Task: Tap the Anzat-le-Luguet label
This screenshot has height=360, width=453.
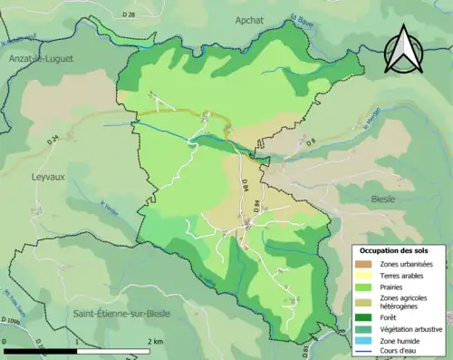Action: [x=40, y=58]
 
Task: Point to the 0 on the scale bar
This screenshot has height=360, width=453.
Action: [x=5, y=342]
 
